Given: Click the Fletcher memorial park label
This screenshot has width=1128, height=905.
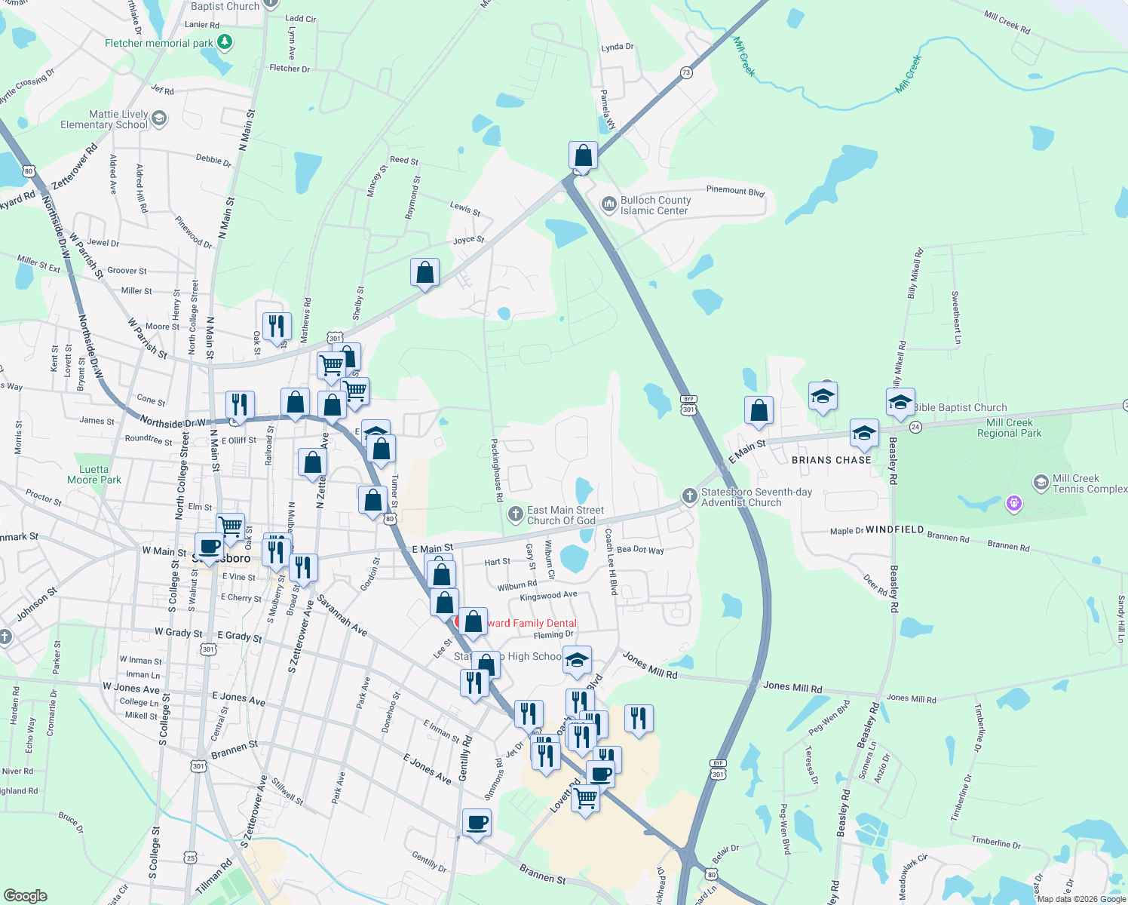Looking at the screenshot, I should (x=159, y=43).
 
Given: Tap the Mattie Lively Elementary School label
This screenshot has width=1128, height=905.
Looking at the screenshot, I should (x=104, y=119).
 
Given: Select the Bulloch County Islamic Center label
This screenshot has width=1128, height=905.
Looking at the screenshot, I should (x=654, y=205).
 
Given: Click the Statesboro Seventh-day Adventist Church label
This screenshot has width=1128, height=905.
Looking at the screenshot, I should (x=756, y=497).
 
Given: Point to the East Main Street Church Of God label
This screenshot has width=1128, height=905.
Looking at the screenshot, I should (x=565, y=515).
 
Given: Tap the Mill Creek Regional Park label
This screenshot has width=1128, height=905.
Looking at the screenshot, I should (x=1009, y=428).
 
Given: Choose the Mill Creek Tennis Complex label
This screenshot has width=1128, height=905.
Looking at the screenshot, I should (x=1090, y=483).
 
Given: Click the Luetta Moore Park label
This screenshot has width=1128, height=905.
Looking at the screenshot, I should (x=94, y=474).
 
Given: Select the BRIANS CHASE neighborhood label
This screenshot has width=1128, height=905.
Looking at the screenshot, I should (x=832, y=460).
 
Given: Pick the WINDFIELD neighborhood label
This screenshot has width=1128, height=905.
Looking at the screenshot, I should (x=894, y=529).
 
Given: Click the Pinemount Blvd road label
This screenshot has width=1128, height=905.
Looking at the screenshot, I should (x=735, y=191).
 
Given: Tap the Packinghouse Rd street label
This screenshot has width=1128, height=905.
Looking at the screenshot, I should (x=497, y=471).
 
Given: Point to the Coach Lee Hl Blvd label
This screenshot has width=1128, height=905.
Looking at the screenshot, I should (x=611, y=561).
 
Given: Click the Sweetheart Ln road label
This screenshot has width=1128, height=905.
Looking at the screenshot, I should (x=955, y=318).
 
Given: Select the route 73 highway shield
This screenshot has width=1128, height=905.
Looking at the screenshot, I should (x=685, y=73).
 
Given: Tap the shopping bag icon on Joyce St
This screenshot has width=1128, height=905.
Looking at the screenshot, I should (x=425, y=272).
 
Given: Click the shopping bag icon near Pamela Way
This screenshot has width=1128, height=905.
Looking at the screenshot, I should (x=584, y=155).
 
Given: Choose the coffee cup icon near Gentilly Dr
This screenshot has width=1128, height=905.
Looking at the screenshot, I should (x=477, y=822).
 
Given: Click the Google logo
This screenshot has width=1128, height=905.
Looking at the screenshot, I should (x=25, y=896).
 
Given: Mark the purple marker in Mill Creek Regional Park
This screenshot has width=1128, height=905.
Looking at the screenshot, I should (x=1014, y=502).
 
